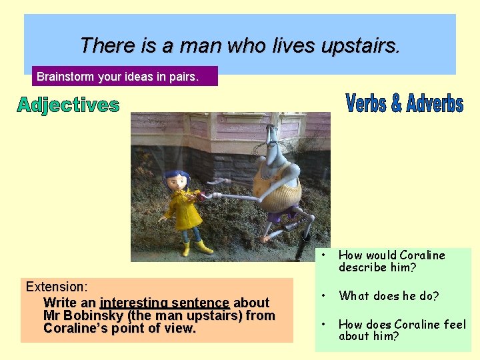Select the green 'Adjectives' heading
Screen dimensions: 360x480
[x=69, y=105]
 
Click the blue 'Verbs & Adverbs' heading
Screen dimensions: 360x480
[x=405, y=104]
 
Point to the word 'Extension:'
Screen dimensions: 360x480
[x=57, y=287]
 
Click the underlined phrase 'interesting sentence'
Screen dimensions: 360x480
[x=165, y=303]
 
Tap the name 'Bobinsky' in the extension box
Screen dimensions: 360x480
[x=97, y=315]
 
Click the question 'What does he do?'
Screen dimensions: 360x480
[x=389, y=296]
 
